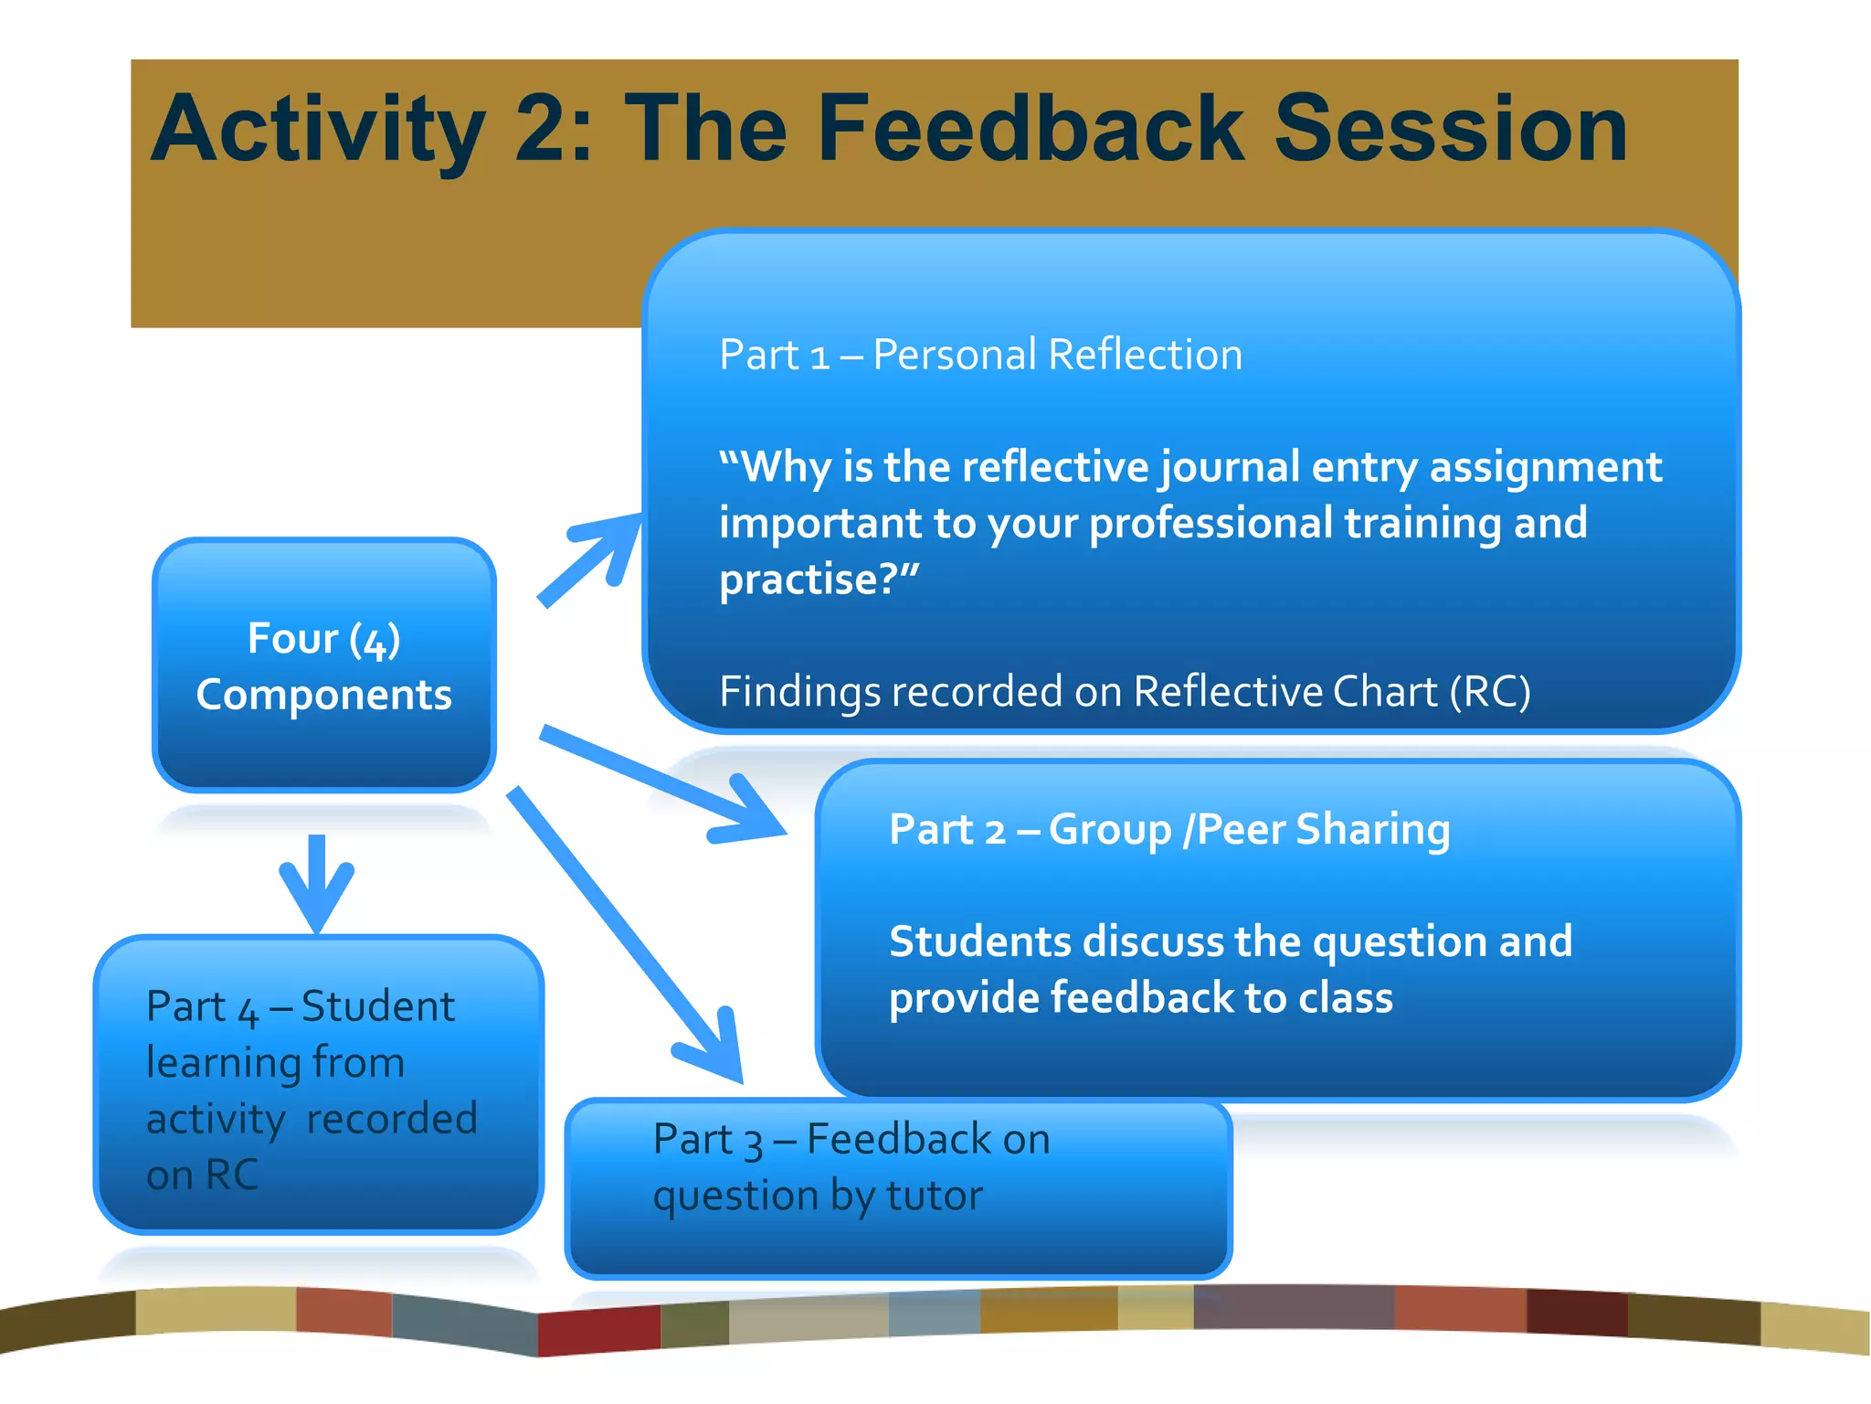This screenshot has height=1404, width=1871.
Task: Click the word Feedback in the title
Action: coord(1030,130)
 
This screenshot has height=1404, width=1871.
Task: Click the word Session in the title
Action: coord(1450,130)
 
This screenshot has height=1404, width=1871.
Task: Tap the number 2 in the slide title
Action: coord(544,130)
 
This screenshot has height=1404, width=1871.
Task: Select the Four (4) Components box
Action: coord(324,665)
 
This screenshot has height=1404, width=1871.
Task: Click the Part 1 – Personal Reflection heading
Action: coord(980,355)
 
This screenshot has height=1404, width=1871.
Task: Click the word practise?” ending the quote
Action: coord(819,580)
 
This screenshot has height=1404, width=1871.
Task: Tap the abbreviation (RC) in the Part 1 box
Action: coord(1490,691)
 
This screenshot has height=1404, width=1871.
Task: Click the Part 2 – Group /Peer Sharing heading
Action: coord(1169,830)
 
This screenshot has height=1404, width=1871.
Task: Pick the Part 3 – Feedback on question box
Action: coord(898,1188)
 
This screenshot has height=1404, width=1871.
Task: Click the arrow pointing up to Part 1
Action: coord(592,558)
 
